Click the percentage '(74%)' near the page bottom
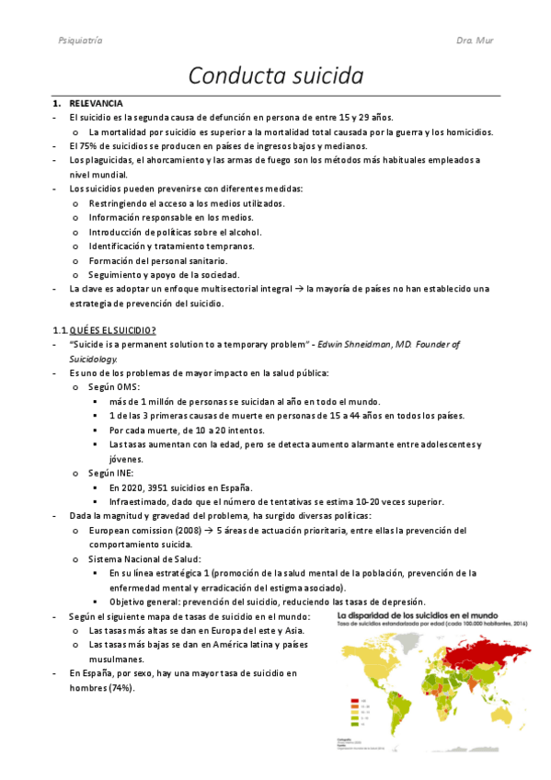[121, 687]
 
